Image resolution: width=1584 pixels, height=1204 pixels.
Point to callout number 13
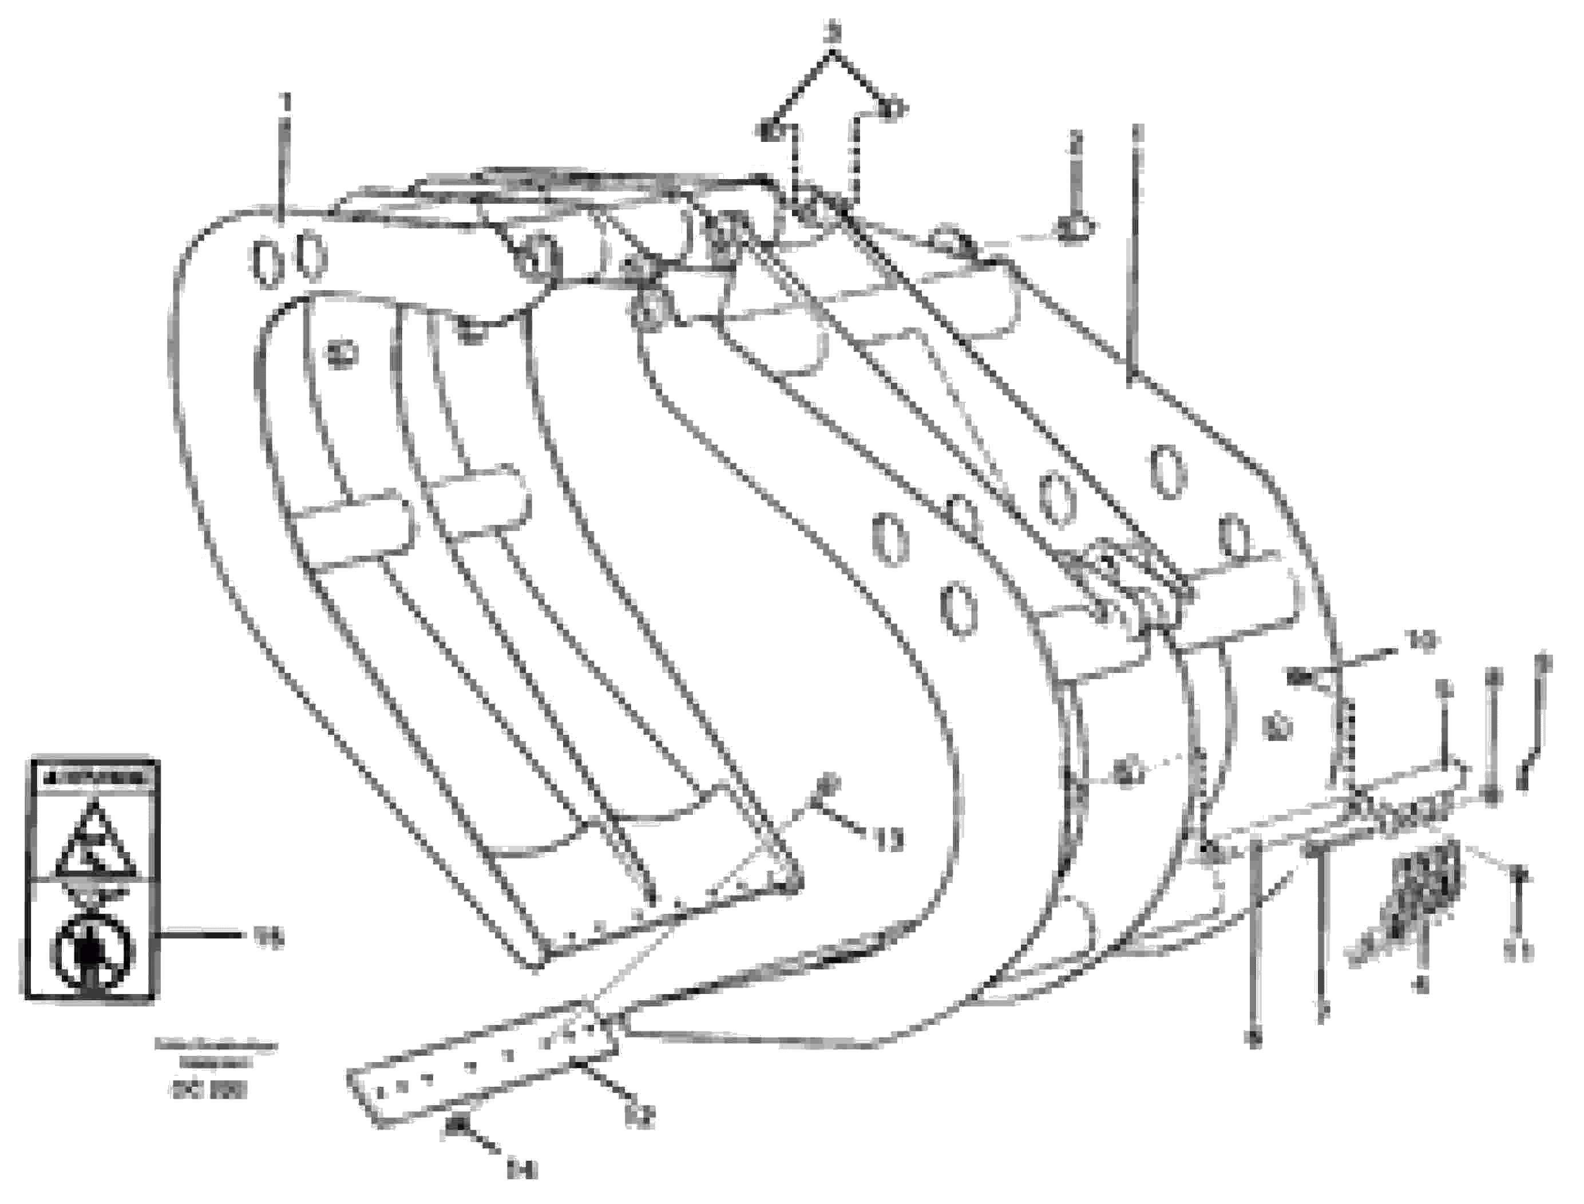click(889, 839)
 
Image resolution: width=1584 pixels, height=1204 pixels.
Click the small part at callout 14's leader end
click(454, 1127)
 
